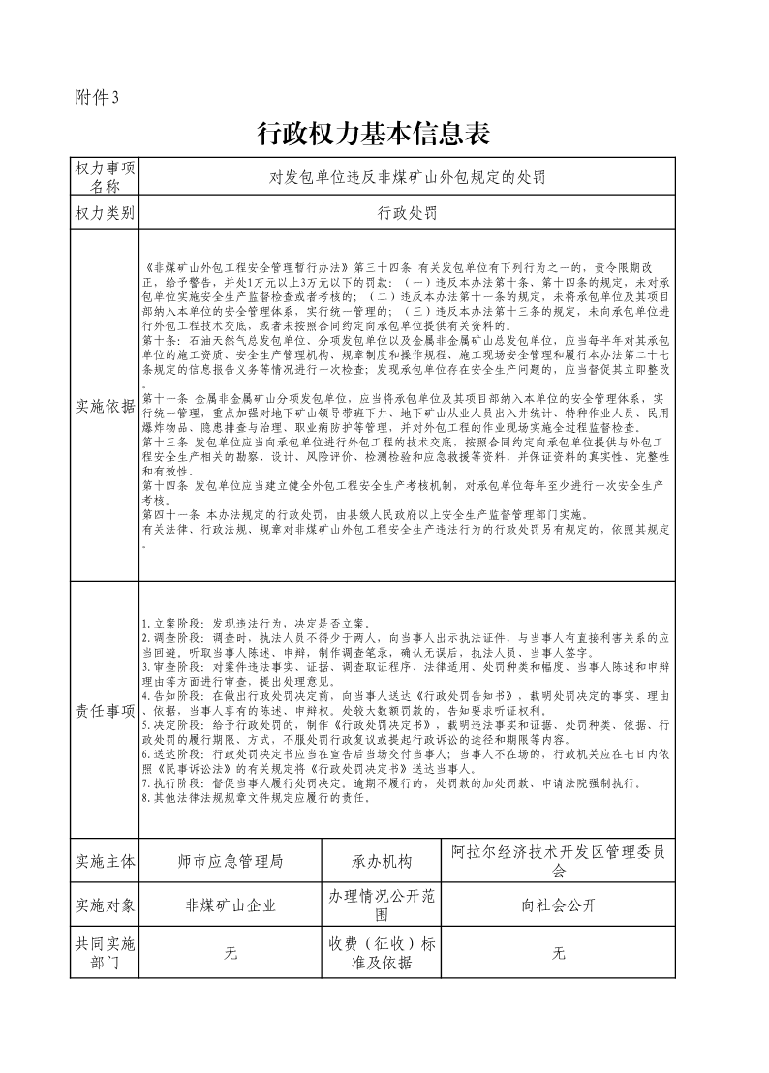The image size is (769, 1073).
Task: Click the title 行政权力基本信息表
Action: (373, 135)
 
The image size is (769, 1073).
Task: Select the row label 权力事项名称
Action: (105, 176)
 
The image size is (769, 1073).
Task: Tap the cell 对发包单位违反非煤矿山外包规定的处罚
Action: (407, 177)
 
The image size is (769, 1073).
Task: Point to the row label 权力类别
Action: (105, 213)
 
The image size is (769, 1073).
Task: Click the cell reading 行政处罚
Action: (407, 213)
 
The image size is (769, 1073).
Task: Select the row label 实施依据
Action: (105, 406)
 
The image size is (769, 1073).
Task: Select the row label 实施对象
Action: (105, 906)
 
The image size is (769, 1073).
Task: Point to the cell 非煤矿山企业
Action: (231, 906)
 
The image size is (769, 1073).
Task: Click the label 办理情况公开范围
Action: (382, 906)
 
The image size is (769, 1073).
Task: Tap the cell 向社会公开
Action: (559, 906)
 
